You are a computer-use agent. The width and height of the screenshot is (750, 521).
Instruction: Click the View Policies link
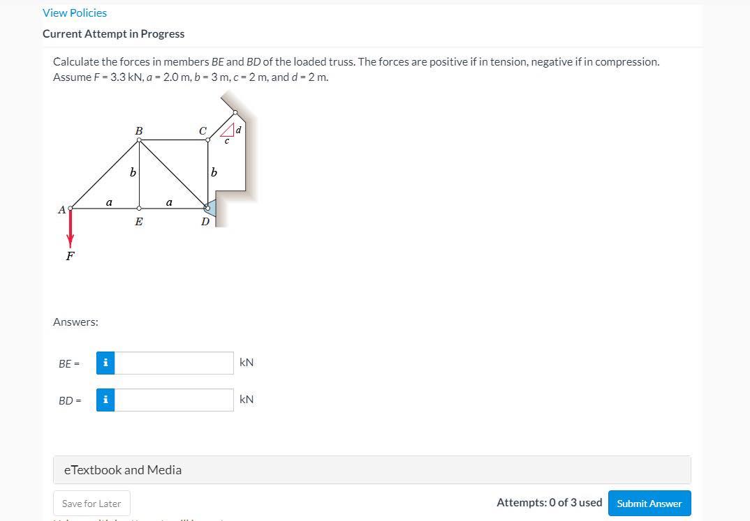75,13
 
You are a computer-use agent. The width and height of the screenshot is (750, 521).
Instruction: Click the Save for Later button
91,504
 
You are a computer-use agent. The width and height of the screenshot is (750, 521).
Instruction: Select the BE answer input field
174,363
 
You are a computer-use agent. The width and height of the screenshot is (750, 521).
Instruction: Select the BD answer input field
174,400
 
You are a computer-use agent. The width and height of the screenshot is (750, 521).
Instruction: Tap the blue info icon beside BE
105,363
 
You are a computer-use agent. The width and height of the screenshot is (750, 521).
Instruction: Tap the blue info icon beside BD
105,400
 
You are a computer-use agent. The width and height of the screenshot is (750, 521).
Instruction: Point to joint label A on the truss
61,209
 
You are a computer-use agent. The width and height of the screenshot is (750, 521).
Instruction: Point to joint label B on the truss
139,130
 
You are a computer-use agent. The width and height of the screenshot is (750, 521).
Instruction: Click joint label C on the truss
203,130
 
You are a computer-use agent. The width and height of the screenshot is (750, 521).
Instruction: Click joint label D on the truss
205,222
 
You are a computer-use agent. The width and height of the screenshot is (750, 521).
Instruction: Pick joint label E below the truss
139,222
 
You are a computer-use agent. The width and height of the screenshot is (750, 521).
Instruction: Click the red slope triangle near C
227,130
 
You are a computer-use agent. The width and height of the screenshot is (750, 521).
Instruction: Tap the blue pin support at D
211,207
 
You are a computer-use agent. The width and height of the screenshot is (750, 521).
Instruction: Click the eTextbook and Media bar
372,470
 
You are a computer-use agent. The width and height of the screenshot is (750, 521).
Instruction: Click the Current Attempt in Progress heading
113,33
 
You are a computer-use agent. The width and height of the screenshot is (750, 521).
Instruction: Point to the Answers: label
75,322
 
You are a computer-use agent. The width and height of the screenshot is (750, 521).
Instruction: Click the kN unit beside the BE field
247,362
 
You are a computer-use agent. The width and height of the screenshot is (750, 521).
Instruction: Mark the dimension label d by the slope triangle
238,130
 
